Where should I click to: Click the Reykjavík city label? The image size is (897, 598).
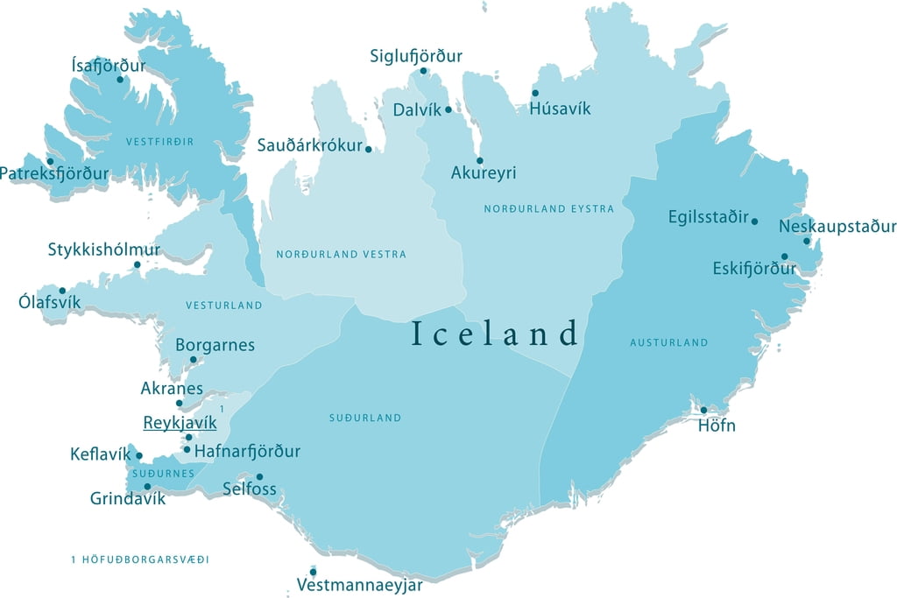(180, 423)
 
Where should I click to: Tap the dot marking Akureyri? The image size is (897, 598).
(479, 160)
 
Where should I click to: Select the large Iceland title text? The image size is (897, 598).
(496, 334)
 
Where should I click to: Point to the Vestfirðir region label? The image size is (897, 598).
(159, 141)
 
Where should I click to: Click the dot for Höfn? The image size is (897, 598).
(703, 410)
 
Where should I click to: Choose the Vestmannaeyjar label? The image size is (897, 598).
(360, 585)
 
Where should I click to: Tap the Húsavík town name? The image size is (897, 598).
(561, 109)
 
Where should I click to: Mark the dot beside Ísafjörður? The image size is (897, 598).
(121, 80)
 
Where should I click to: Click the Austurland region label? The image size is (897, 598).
(668, 343)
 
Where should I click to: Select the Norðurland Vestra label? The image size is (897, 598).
(341, 255)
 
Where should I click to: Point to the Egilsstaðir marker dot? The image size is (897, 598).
(754, 221)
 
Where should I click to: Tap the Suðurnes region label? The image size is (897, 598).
(163, 474)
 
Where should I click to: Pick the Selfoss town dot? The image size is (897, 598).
(259, 476)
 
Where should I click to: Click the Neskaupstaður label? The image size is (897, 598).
(837, 226)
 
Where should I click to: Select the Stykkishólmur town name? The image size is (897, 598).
(104, 250)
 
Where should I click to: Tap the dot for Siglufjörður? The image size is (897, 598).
(423, 71)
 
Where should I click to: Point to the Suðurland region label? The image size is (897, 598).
(364, 419)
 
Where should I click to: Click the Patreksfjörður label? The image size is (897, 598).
(54, 173)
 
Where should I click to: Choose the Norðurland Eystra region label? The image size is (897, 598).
(548, 209)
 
